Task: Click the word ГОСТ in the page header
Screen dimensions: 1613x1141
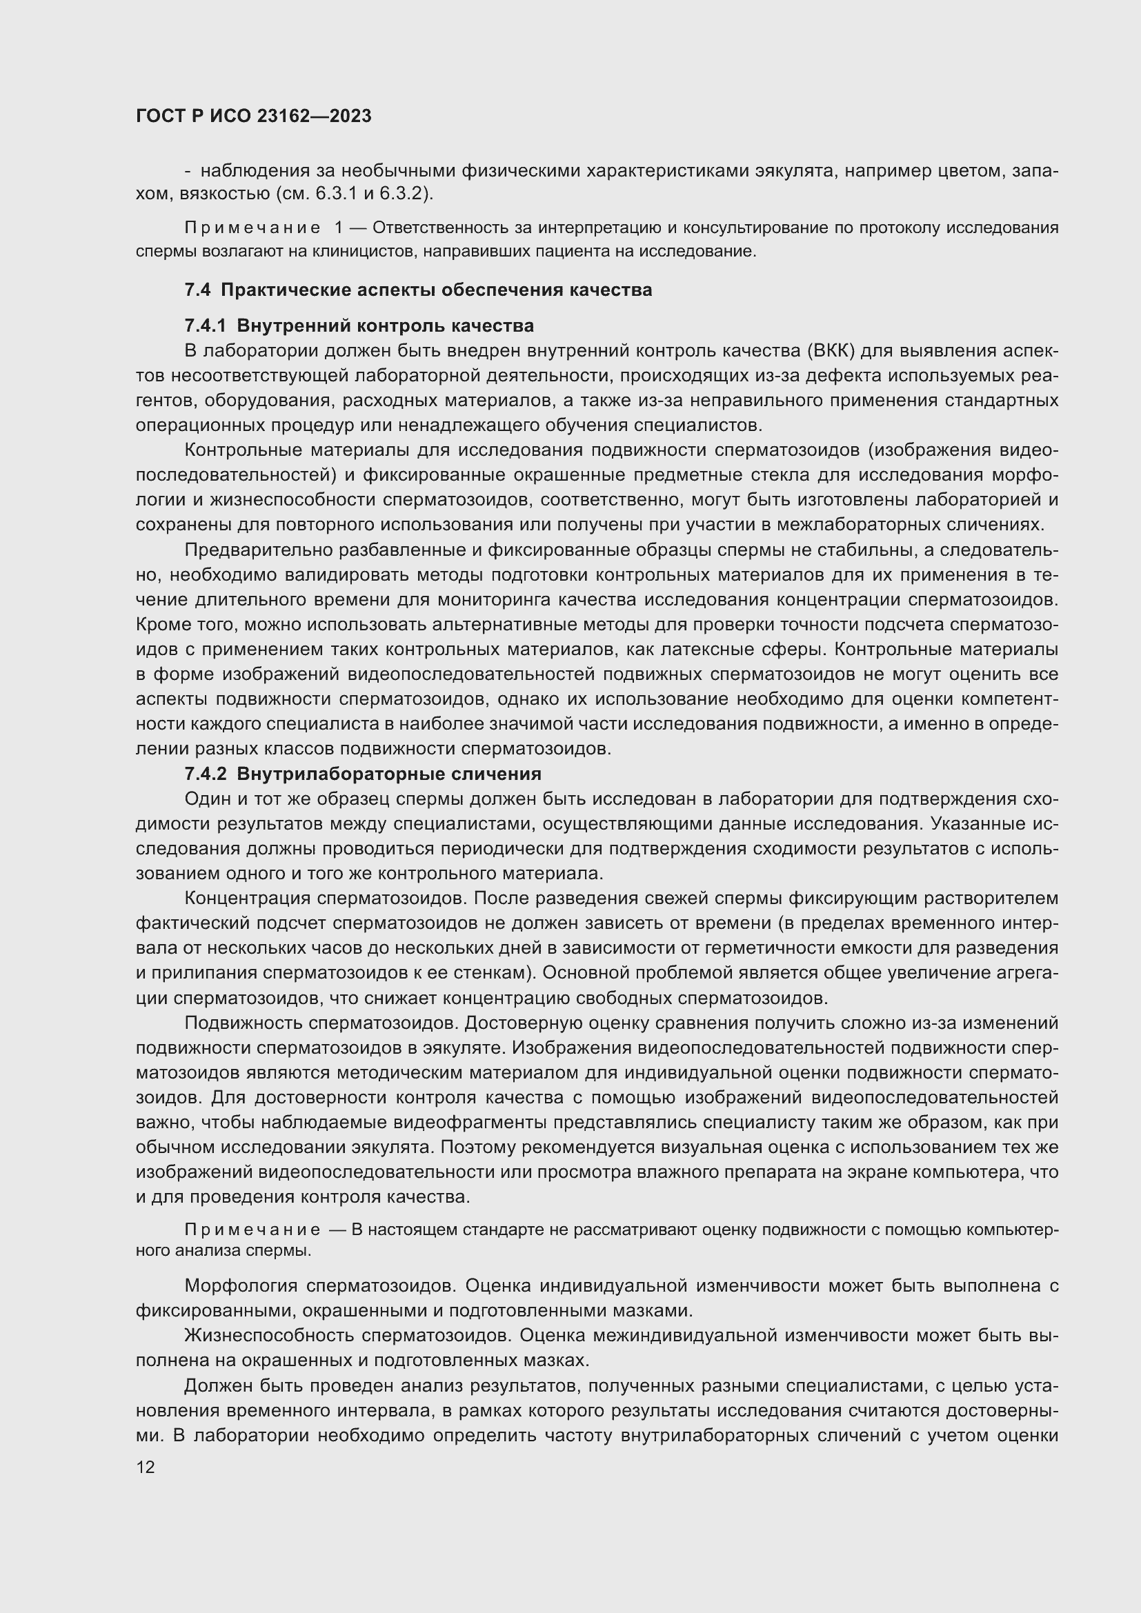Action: coord(159,117)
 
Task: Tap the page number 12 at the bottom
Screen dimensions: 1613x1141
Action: coord(146,1467)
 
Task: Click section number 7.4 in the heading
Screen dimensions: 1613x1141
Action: coord(197,290)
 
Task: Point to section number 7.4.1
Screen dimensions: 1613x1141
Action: coord(206,326)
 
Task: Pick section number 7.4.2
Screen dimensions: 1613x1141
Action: coord(206,774)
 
